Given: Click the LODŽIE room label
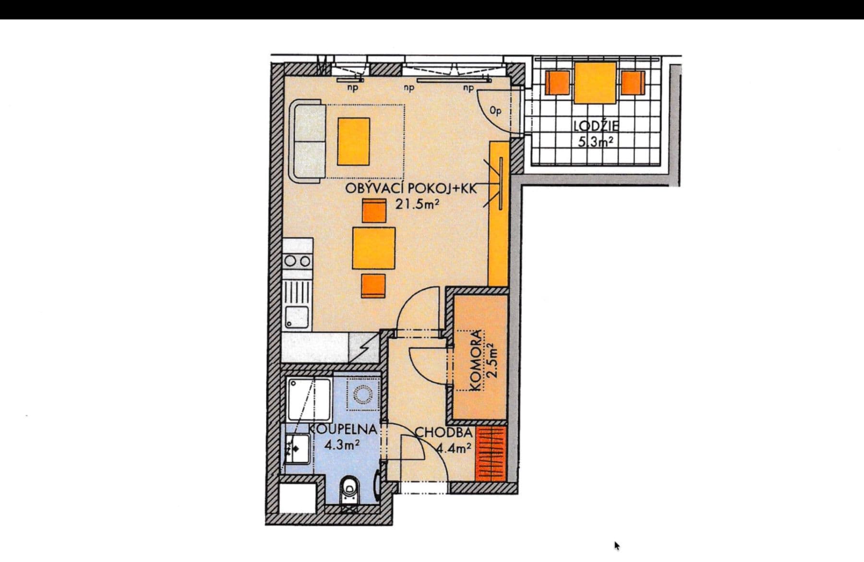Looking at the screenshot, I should pyautogui.click(x=596, y=127).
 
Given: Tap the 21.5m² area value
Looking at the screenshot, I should pyautogui.click(x=417, y=204).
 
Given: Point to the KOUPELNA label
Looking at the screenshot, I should pyautogui.click(x=342, y=430).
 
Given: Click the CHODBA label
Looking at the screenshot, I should pyautogui.click(x=443, y=432).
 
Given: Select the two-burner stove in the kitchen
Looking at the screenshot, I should pyautogui.click(x=298, y=261).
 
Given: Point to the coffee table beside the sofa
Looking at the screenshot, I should pyautogui.click(x=354, y=142).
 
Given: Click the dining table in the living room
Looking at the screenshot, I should pyautogui.click(x=373, y=248).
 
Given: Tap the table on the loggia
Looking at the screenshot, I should pyautogui.click(x=595, y=83).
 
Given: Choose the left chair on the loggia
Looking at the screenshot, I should pyautogui.click(x=557, y=83).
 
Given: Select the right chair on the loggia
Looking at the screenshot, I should pyautogui.click(x=633, y=83).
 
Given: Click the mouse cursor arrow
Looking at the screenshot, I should pyautogui.click(x=617, y=546).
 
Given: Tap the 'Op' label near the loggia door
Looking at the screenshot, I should pyautogui.click(x=495, y=111).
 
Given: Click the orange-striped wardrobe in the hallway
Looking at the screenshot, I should pyautogui.click(x=491, y=454).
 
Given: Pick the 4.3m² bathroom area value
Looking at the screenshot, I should pyautogui.click(x=342, y=445).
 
